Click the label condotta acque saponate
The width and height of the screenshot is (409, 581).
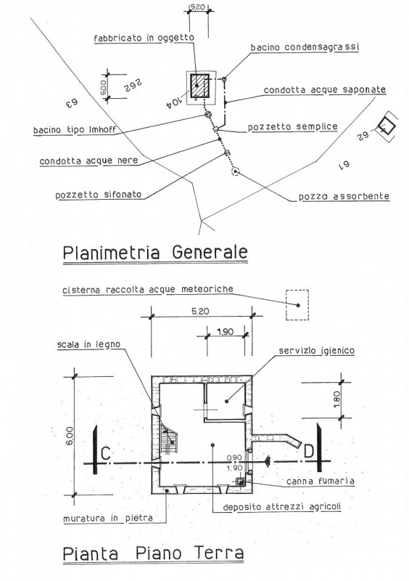click(323, 89)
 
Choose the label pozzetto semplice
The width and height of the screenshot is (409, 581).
click(292, 126)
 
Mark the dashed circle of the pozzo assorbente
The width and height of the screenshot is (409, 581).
click(234, 171)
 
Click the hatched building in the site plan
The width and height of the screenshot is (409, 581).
click(198, 86)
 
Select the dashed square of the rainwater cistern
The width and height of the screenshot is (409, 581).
click(297, 305)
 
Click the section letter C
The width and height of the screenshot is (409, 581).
click(105, 454)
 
